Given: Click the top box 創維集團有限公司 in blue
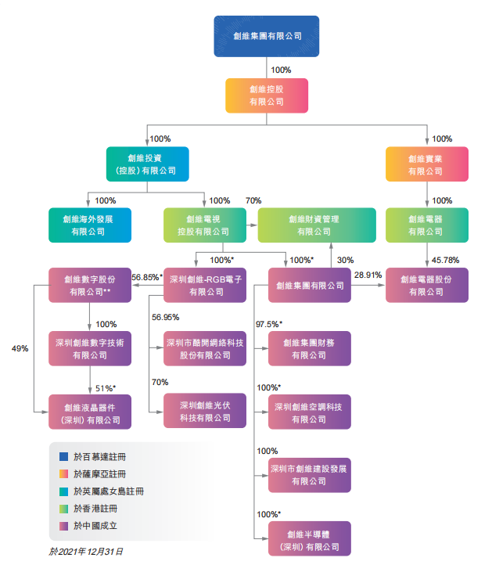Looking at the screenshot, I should pyautogui.click(x=266, y=36).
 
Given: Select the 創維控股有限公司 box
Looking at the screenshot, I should pyautogui.click(x=266, y=95).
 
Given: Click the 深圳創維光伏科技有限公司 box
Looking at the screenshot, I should pyautogui.click(x=206, y=411).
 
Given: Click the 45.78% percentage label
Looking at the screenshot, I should pyautogui.click(x=444, y=260).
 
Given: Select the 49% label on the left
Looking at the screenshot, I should pyautogui.click(x=20, y=348).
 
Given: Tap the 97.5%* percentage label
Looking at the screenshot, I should pyautogui.click(x=269, y=324).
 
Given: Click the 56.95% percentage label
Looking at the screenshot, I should pyautogui.click(x=165, y=317).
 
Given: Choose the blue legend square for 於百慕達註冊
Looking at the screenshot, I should pyautogui.click(x=63, y=455).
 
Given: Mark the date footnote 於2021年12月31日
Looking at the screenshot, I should pyautogui.click(x=86, y=552).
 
